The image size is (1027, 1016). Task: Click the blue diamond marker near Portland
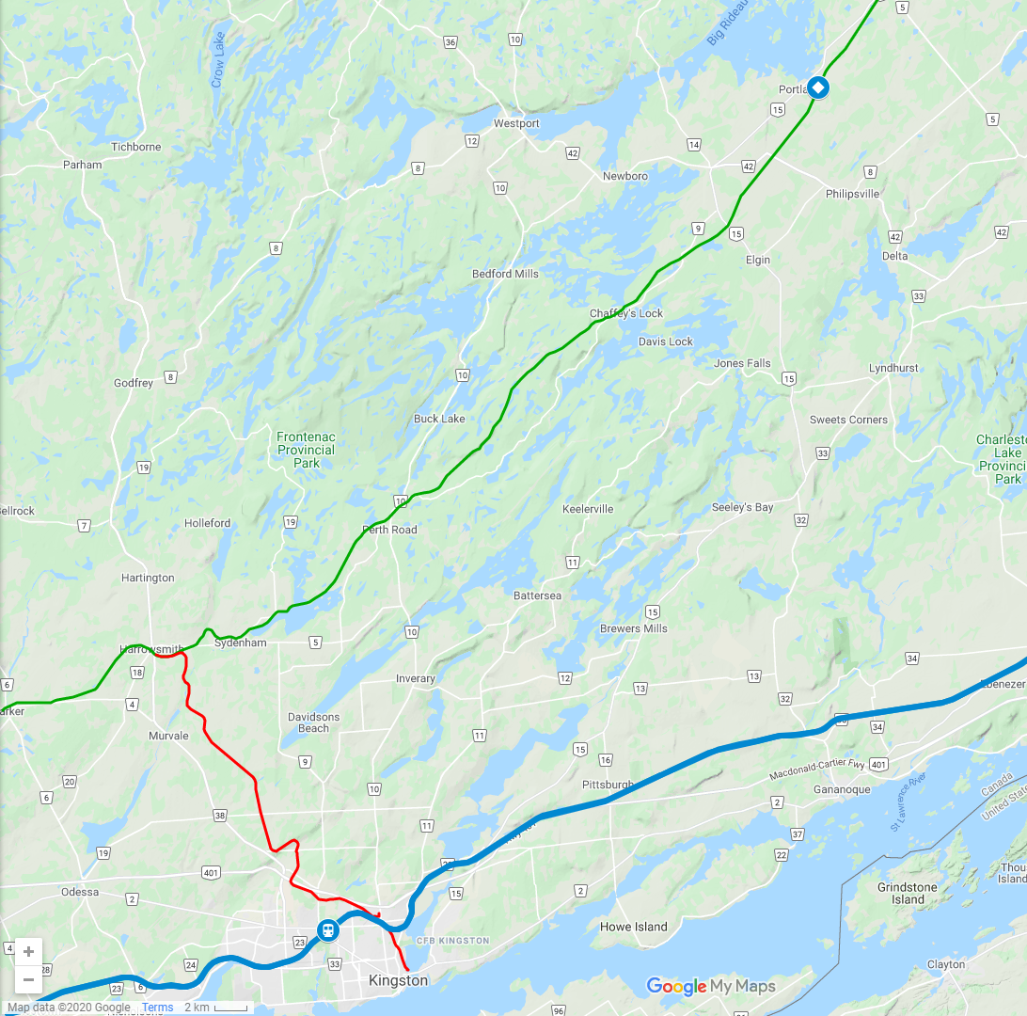tap(819, 87)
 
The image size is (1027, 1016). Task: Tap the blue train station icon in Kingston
tap(327, 929)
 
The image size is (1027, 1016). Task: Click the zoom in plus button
tap(28, 951)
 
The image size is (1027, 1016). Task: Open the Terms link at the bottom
tap(157, 1008)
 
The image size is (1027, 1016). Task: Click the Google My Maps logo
tap(711, 986)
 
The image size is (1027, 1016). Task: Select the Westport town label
tap(516, 123)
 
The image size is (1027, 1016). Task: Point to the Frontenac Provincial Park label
tap(306, 450)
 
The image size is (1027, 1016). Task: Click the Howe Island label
tap(633, 927)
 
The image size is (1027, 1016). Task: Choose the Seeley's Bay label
tap(742, 507)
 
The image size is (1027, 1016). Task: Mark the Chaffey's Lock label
tap(626, 313)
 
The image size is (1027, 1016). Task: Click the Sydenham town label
tap(241, 643)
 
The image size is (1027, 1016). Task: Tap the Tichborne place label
tap(136, 147)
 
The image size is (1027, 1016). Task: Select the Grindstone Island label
tap(908, 893)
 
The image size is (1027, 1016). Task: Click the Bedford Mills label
tap(505, 274)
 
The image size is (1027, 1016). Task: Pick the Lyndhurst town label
tap(893, 368)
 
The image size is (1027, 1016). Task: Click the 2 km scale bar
tap(215, 1008)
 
